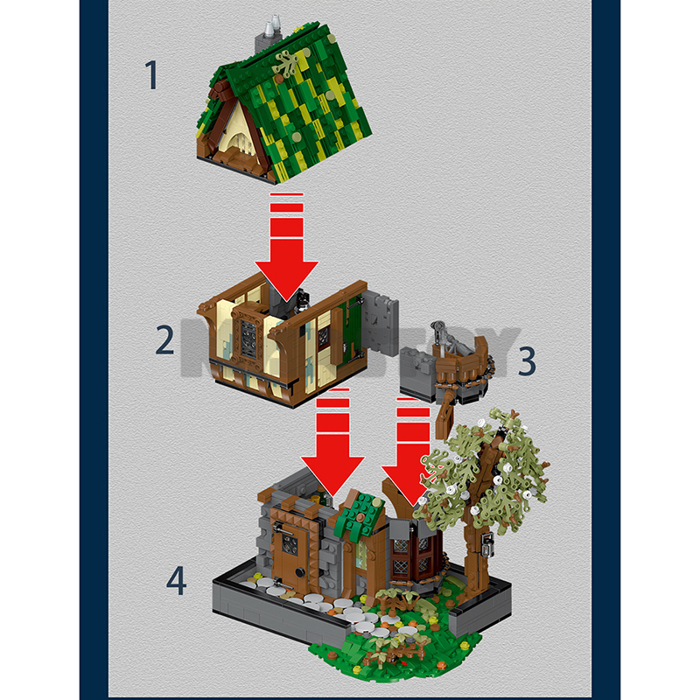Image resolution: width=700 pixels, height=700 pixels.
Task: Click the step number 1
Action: (x=152, y=76)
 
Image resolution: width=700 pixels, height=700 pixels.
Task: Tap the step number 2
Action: (x=165, y=339)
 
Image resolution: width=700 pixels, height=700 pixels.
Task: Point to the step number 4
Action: (x=177, y=580)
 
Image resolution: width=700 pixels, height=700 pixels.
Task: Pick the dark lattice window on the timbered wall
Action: (x=248, y=336)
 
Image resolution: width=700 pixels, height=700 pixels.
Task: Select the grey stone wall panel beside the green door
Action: (x=381, y=324)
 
